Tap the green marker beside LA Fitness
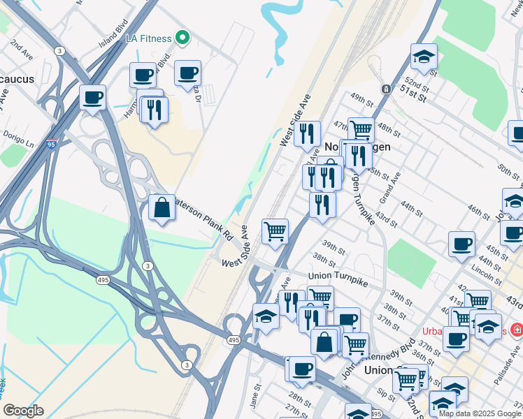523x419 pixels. point(182,37)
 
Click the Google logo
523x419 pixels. point(23,411)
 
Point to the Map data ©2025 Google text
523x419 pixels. point(479,413)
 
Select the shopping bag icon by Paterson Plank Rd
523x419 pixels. point(162,207)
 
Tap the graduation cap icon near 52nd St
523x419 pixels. point(424,57)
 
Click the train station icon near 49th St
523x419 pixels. point(385,89)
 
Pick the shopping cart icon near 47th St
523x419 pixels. point(361,130)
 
